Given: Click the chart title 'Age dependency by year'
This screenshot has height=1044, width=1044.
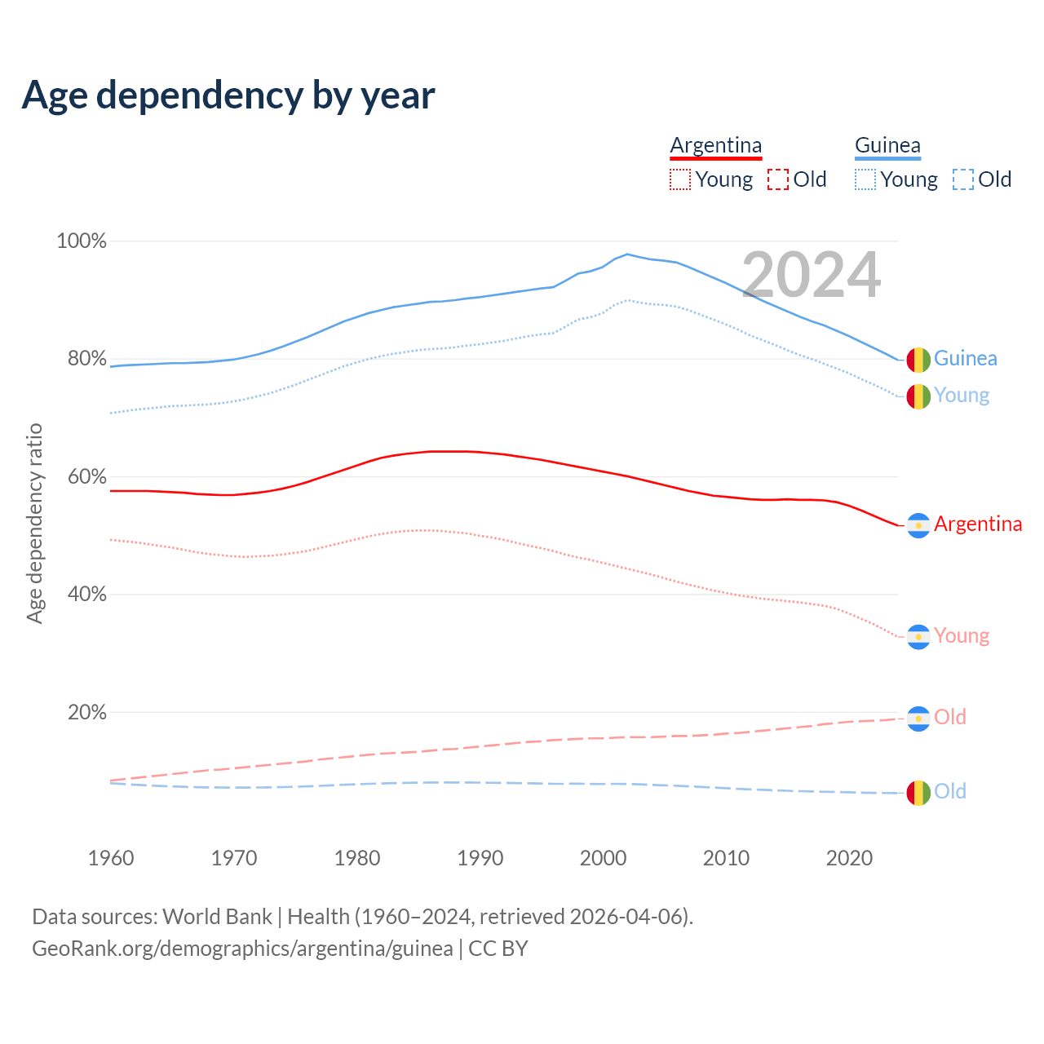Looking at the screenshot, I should [x=228, y=95].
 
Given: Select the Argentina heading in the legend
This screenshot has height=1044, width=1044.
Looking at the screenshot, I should [x=715, y=145].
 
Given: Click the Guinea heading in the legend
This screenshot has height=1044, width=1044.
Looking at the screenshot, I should [x=887, y=145].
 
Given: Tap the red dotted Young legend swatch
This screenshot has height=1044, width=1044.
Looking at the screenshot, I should [x=679, y=179].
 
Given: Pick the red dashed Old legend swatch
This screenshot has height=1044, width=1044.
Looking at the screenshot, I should [x=778, y=179].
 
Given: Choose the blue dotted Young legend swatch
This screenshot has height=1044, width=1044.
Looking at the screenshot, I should [x=865, y=179].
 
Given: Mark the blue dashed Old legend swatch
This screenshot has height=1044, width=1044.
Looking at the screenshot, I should [x=963, y=179].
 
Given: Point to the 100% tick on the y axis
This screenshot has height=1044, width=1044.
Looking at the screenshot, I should [x=82, y=241].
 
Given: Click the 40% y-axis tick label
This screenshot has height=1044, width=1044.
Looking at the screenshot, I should [x=86, y=595].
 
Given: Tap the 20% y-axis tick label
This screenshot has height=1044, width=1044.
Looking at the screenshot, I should [x=86, y=713].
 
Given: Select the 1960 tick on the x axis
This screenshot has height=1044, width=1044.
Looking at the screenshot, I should [x=111, y=858].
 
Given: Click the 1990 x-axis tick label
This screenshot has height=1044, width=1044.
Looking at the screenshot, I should [x=480, y=858].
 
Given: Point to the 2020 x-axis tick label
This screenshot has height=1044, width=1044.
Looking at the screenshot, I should [x=850, y=858].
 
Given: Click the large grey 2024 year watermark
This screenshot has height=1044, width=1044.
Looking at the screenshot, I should [x=812, y=275].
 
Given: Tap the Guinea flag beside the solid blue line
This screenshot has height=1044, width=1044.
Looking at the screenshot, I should [x=918, y=359].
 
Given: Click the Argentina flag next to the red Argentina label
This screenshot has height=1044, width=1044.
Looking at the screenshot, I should [x=918, y=526].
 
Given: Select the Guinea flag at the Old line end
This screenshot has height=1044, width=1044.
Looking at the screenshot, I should [x=918, y=793].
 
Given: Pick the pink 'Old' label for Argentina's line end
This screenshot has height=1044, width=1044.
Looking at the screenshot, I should [x=950, y=717].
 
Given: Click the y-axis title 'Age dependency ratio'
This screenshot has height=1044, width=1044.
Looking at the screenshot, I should [x=35, y=523].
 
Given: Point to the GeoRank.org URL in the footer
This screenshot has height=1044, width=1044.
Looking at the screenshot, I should [x=242, y=949].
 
